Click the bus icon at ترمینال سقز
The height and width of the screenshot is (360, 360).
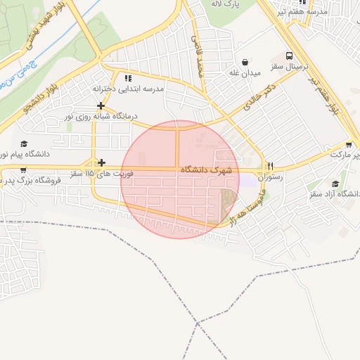pyautogui.click(x=289, y=56)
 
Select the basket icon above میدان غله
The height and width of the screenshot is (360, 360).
pyautogui.click(x=244, y=61)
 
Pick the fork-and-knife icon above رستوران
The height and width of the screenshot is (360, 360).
pyautogui.click(x=270, y=166)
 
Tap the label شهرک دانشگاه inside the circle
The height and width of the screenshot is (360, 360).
pyautogui.click(x=206, y=170)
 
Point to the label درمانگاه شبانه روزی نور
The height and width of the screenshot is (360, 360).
pyautogui.click(x=101, y=116)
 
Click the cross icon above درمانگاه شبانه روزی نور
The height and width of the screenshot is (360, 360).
pyautogui.click(x=101, y=105)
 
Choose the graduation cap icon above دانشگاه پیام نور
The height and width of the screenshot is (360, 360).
pyautogui.click(x=24, y=143)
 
